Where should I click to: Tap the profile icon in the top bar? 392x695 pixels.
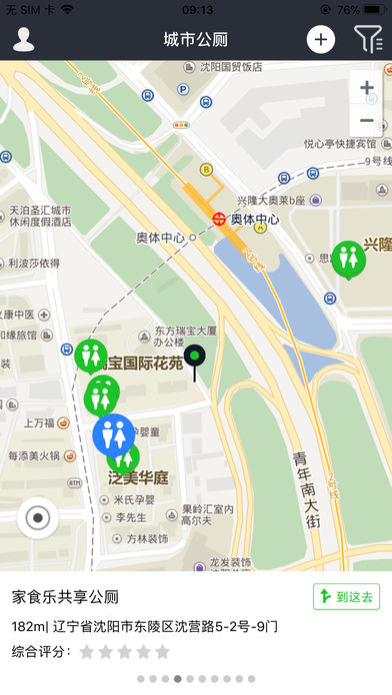[x=23, y=40]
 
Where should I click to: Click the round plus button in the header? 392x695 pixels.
[x=320, y=40]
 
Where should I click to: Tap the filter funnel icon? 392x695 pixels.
[x=367, y=40]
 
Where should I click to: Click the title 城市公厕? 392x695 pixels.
[x=196, y=40]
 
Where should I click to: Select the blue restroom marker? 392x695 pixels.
[x=114, y=434]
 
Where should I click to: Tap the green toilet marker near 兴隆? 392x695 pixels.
[x=348, y=258]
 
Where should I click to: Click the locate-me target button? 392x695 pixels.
[x=38, y=517]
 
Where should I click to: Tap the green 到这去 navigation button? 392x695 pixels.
[x=346, y=597]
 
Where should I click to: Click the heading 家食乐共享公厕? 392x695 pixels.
[x=65, y=597]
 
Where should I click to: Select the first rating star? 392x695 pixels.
[x=87, y=652]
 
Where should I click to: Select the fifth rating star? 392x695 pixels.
[x=162, y=652]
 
